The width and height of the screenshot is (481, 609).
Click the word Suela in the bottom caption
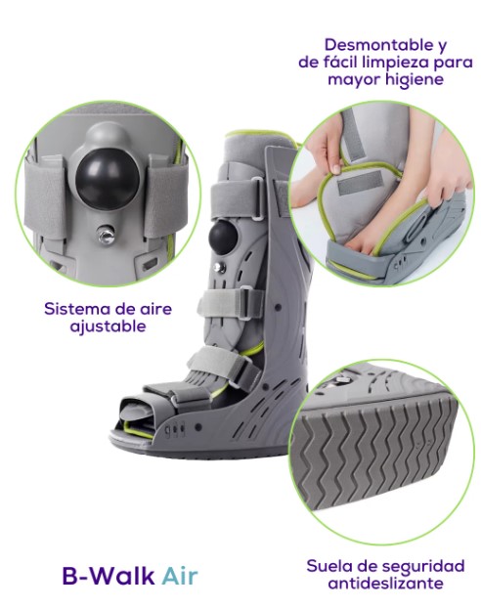coord(328,566)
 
